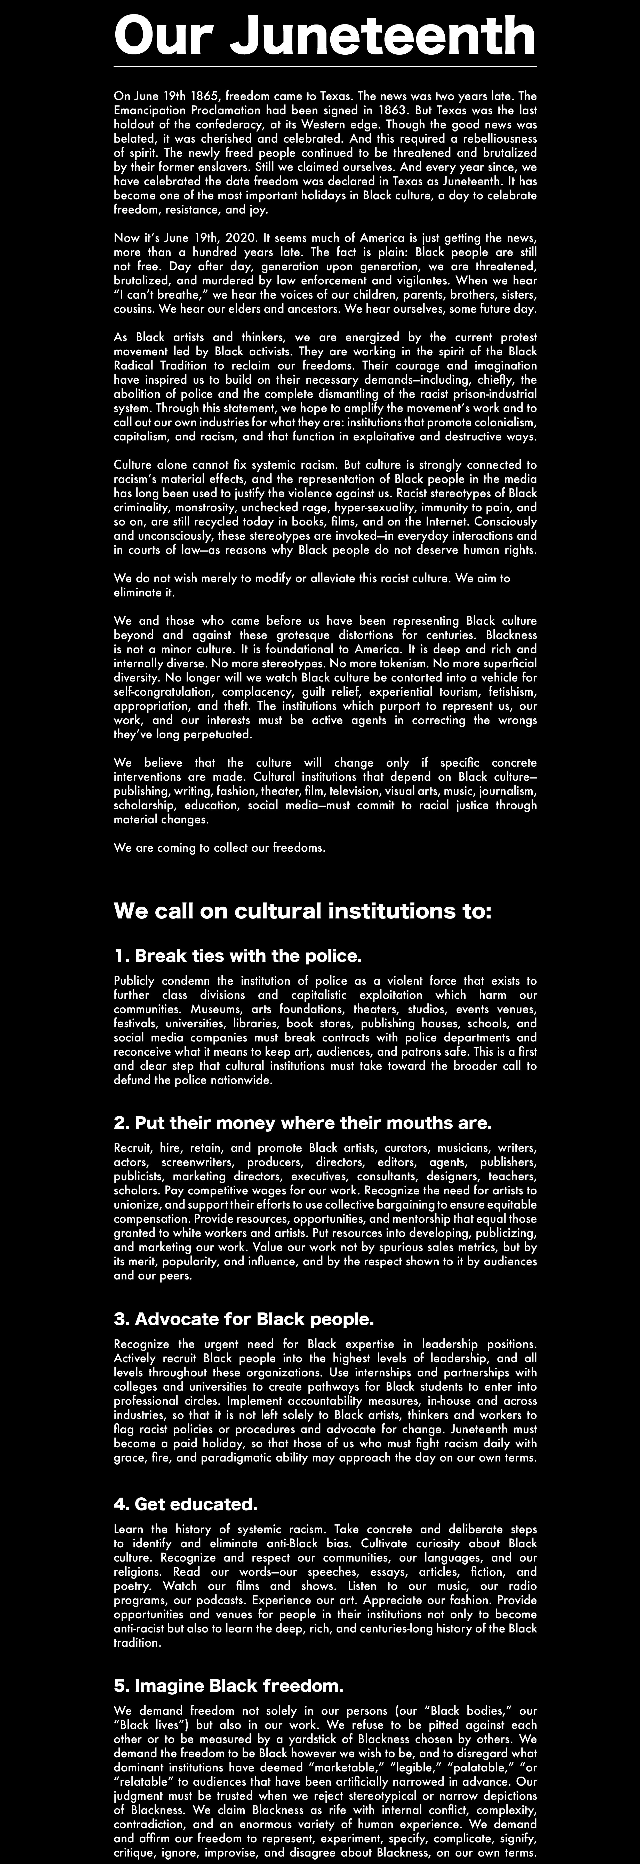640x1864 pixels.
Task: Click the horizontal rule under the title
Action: pos(325,67)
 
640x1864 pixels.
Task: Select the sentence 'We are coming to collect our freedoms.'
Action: pos(219,848)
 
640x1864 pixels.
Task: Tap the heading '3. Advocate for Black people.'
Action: pos(244,1319)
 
